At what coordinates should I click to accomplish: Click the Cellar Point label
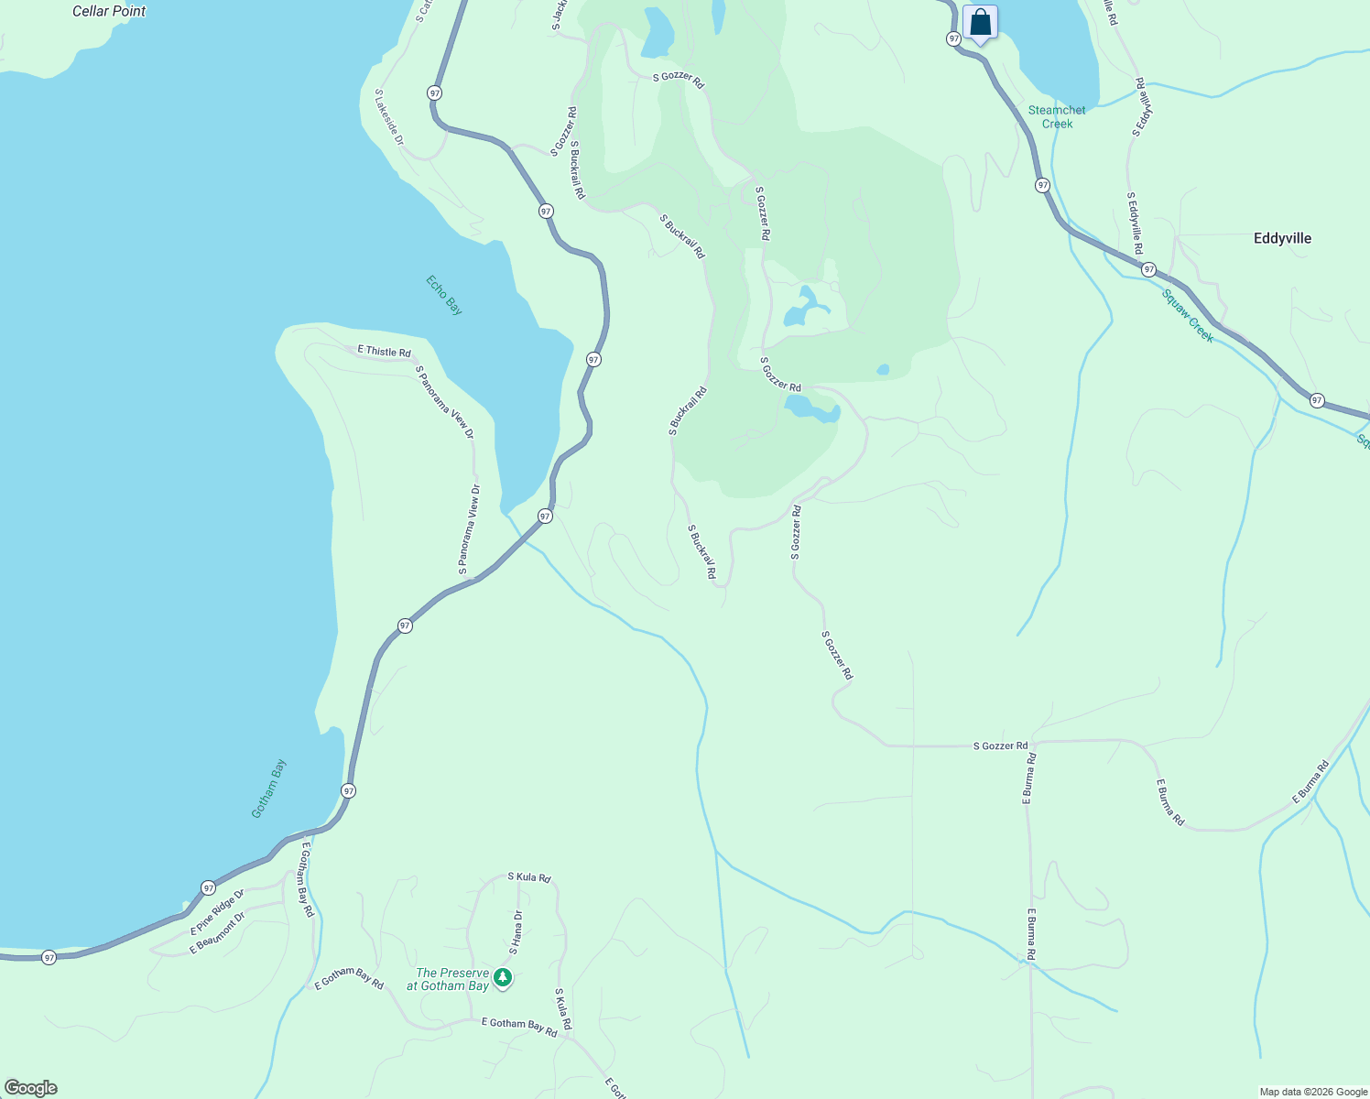click(x=109, y=11)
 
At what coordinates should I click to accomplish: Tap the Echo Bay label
click(x=444, y=295)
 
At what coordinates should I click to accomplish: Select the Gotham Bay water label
click(x=269, y=789)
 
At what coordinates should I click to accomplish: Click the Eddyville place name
click(x=1282, y=238)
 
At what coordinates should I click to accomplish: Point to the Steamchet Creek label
click(x=1057, y=116)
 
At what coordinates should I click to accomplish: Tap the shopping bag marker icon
click(x=979, y=22)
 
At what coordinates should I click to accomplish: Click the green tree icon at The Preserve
click(x=503, y=978)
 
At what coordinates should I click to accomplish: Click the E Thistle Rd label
click(x=384, y=352)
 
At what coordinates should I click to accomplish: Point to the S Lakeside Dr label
click(x=389, y=117)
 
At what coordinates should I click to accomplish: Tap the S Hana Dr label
click(x=516, y=932)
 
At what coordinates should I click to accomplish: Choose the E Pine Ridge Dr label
click(x=217, y=911)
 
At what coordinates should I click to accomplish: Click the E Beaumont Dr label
click(x=217, y=933)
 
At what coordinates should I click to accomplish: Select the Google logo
click(x=30, y=1088)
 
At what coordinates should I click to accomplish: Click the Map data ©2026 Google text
click(x=1313, y=1092)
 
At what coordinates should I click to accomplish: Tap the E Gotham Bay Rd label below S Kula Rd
click(x=518, y=1028)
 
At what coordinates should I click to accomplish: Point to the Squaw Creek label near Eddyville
click(x=1188, y=316)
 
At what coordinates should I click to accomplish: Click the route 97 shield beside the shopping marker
click(x=954, y=38)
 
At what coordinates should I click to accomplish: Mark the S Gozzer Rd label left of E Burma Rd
click(x=1000, y=745)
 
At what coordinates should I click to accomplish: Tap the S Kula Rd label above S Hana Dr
click(x=529, y=877)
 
